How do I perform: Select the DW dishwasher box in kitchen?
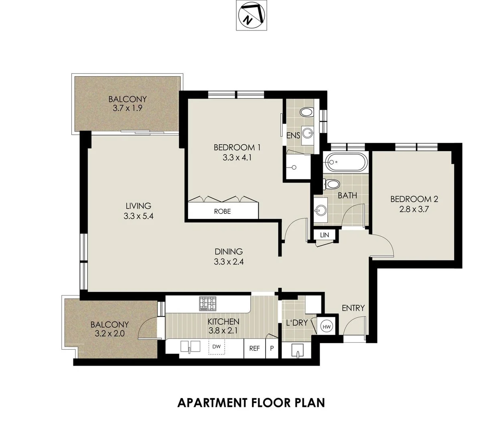pyautogui.click(x=216, y=346)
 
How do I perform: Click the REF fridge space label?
pyautogui.click(x=254, y=348)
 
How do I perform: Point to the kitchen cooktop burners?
pyautogui.click(x=207, y=303)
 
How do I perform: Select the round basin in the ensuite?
pyautogui.click(x=308, y=132)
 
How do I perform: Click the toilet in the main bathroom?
pyautogui.click(x=332, y=185)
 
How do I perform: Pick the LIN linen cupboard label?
pyautogui.click(x=324, y=235)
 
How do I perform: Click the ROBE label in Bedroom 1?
pyautogui.click(x=222, y=211)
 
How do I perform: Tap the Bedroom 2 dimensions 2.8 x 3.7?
pyautogui.click(x=414, y=209)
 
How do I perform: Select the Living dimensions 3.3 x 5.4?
pyautogui.click(x=138, y=216)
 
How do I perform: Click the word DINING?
pyautogui.click(x=229, y=252)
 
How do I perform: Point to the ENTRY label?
pyautogui.click(x=353, y=308)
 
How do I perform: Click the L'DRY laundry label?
pyautogui.click(x=296, y=323)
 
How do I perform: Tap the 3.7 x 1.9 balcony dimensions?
pyautogui.click(x=127, y=108)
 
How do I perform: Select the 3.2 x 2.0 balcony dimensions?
pyautogui.click(x=109, y=333)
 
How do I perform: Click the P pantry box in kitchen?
pyautogui.click(x=272, y=348)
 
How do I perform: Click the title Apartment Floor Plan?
pyautogui.click(x=251, y=402)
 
